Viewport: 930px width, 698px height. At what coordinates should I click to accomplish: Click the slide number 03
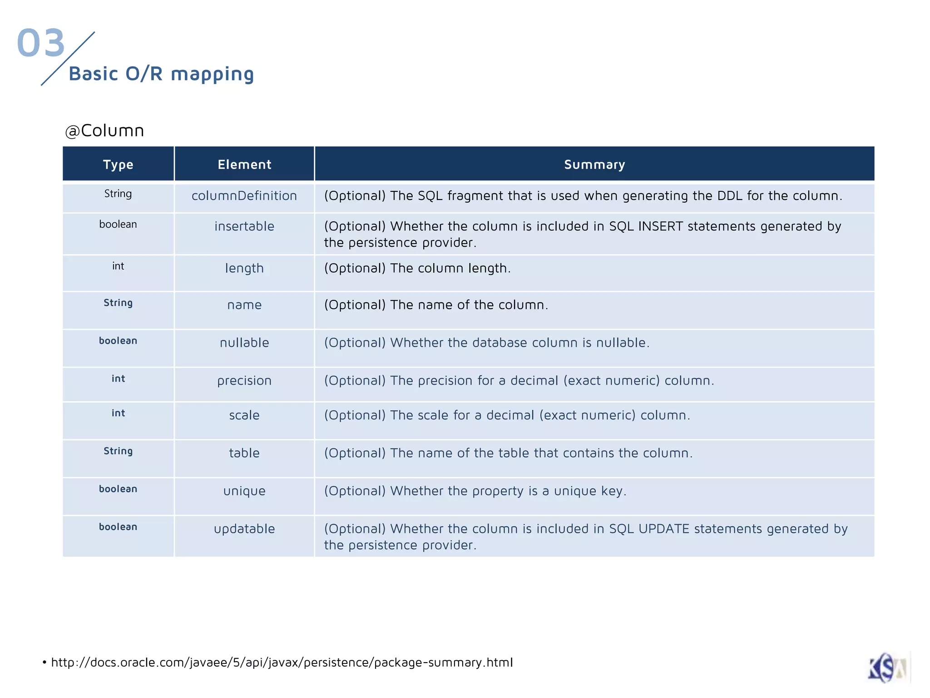coord(41,43)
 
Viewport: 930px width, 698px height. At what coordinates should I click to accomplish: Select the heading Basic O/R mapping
coord(161,74)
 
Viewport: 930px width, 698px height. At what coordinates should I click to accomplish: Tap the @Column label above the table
coord(104,131)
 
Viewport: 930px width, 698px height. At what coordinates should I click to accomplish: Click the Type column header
coord(118,165)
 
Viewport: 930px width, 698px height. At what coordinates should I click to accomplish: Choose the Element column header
coord(244,165)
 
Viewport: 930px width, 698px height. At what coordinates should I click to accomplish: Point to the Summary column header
coord(594,165)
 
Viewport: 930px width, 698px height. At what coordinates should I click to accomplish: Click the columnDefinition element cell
coord(244,196)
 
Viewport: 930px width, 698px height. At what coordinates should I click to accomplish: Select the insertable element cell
coord(244,226)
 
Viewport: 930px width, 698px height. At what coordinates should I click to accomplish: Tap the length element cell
coord(244,268)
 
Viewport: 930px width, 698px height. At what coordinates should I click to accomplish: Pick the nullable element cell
coord(244,343)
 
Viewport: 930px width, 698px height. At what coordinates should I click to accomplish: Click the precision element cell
coord(244,381)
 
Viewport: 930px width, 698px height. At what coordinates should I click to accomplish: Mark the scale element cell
coord(244,415)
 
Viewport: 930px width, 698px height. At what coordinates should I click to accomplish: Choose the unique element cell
coord(244,491)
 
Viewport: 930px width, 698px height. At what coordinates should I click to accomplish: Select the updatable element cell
coord(244,529)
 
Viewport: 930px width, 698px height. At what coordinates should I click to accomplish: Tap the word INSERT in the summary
coord(660,226)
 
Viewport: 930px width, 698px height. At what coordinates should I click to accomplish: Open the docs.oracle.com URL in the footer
coord(282,663)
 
